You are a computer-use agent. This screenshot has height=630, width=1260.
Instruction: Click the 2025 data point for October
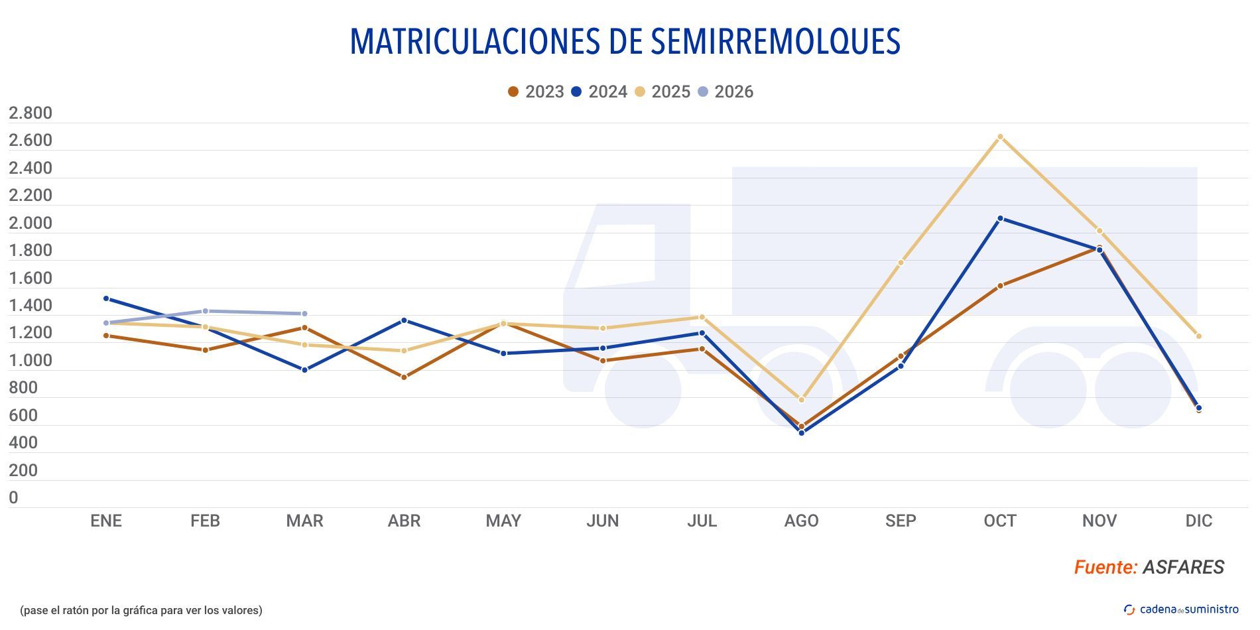[x=1000, y=137]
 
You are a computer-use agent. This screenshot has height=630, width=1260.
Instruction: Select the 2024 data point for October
[x=1000, y=218]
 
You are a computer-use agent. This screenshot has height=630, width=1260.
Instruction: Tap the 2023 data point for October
[x=1000, y=286]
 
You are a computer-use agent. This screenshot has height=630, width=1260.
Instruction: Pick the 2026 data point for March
[x=304, y=314]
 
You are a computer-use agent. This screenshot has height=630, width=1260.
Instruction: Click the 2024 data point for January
[x=106, y=298]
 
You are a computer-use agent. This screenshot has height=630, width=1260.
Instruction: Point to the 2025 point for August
[x=801, y=400]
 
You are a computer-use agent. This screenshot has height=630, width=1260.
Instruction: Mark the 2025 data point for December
[x=1198, y=336]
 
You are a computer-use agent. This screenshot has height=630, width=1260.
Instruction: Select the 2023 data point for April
[x=404, y=377]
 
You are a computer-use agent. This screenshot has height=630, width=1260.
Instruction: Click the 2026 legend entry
[x=725, y=92]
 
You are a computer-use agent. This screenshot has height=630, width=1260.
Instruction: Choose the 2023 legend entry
[x=536, y=92]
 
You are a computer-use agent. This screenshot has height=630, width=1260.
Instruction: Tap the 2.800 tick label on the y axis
[x=31, y=113]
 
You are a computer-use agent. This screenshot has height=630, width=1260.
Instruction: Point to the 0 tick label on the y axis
[x=13, y=497]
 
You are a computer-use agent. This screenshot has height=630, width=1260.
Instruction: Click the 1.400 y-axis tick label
[x=31, y=306]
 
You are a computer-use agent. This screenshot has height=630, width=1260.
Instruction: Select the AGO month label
[x=801, y=521]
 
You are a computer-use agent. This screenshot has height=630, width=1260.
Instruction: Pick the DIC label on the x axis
[x=1198, y=521]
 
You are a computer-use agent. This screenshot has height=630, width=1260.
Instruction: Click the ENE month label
[x=106, y=521]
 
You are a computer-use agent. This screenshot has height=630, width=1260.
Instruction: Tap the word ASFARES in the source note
[x=1183, y=567]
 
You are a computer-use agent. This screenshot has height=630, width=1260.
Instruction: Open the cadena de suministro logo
[x=1181, y=609]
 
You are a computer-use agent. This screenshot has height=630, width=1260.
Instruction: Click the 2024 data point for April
[x=404, y=320]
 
